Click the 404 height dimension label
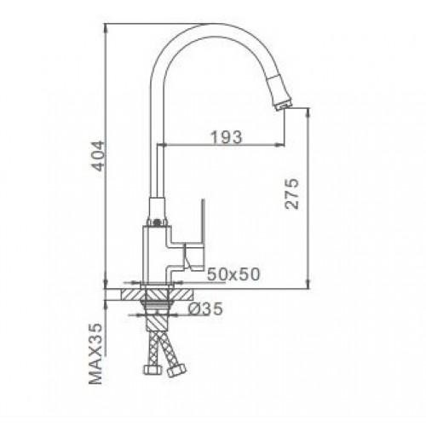coord(98,156)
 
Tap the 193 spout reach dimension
coord(227,137)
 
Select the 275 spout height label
coord(292,193)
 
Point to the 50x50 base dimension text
coord(233,274)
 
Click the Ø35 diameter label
coord(206,309)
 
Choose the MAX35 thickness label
coord(95,354)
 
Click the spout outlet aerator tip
coord(283,106)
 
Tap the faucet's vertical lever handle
coord(204,233)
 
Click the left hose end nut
coord(153,370)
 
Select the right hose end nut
coord(176,370)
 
